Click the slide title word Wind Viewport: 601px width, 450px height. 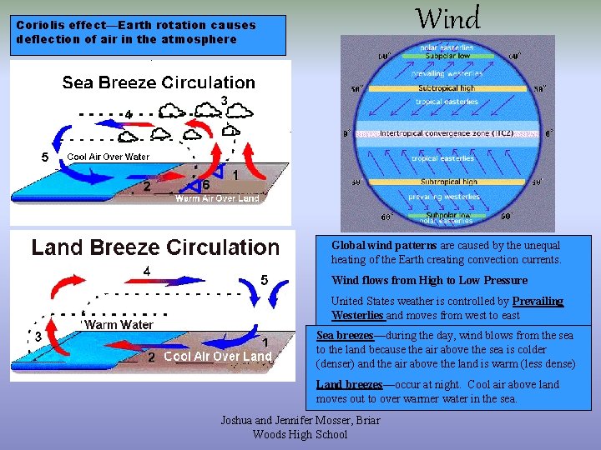coord(447,18)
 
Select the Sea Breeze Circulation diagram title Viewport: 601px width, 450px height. coord(159,82)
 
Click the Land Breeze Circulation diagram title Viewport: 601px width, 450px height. coord(155,247)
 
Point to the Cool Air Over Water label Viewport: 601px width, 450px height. coord(108,157)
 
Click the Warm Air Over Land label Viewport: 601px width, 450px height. coord(217,198)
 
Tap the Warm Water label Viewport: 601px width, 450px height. coord(119,324)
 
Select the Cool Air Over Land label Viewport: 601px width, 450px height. coord(218,356)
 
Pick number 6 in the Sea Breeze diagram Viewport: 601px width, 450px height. coord(206,183)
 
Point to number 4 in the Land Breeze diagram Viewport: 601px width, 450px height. coord(147,271)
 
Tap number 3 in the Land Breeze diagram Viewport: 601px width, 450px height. coord(38,336)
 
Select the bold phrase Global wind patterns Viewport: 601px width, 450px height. coord(384,246)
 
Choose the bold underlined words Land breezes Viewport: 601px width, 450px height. coord(349,384)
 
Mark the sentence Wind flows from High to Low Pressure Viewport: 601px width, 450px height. coord(429,281)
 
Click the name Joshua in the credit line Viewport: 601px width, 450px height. coord(238,421)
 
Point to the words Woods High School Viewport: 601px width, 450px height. coord(300,434)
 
